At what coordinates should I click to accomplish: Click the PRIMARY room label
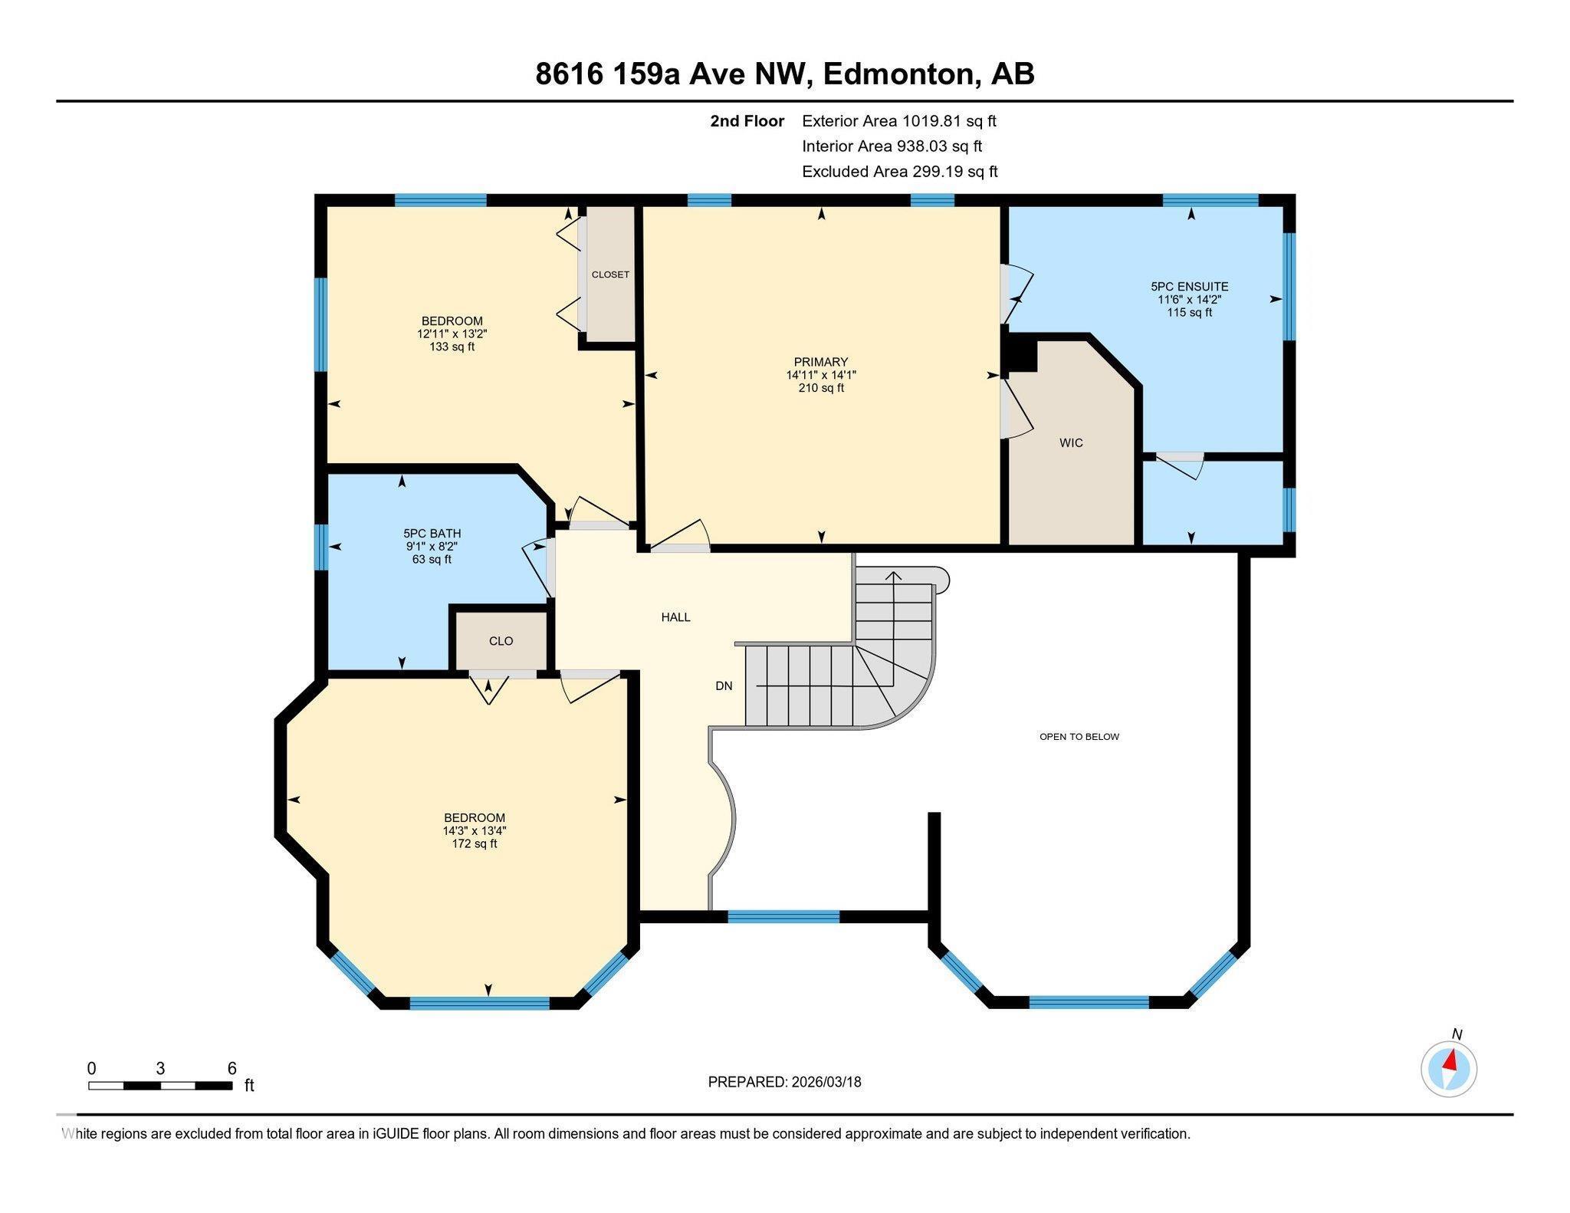[820, 362]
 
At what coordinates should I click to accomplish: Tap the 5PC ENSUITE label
[1189, 286]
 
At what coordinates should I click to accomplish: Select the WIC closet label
[1070, 443]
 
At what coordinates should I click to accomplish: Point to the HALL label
[675, 617]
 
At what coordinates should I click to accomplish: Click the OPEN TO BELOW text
[1079, 737]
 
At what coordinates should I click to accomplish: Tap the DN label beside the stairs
[724, 686]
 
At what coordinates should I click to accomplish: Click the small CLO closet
[501, 641]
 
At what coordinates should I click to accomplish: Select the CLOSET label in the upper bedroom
[610, 274]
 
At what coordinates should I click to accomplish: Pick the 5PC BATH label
[432, 534]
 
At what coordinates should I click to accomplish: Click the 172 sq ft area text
[475, 844]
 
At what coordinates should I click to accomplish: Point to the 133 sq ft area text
[452, 347]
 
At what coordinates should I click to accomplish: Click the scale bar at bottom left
[160, 1085]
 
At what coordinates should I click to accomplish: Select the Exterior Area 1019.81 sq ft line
[898, 121]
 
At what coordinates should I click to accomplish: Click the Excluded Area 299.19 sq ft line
[899, 172]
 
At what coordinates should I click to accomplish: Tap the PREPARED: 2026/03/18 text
[784, 1082]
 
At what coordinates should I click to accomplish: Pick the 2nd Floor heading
[747, 121]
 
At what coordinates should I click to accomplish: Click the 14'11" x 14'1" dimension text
[820, 375]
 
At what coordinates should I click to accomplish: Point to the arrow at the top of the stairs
[895, 575]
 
